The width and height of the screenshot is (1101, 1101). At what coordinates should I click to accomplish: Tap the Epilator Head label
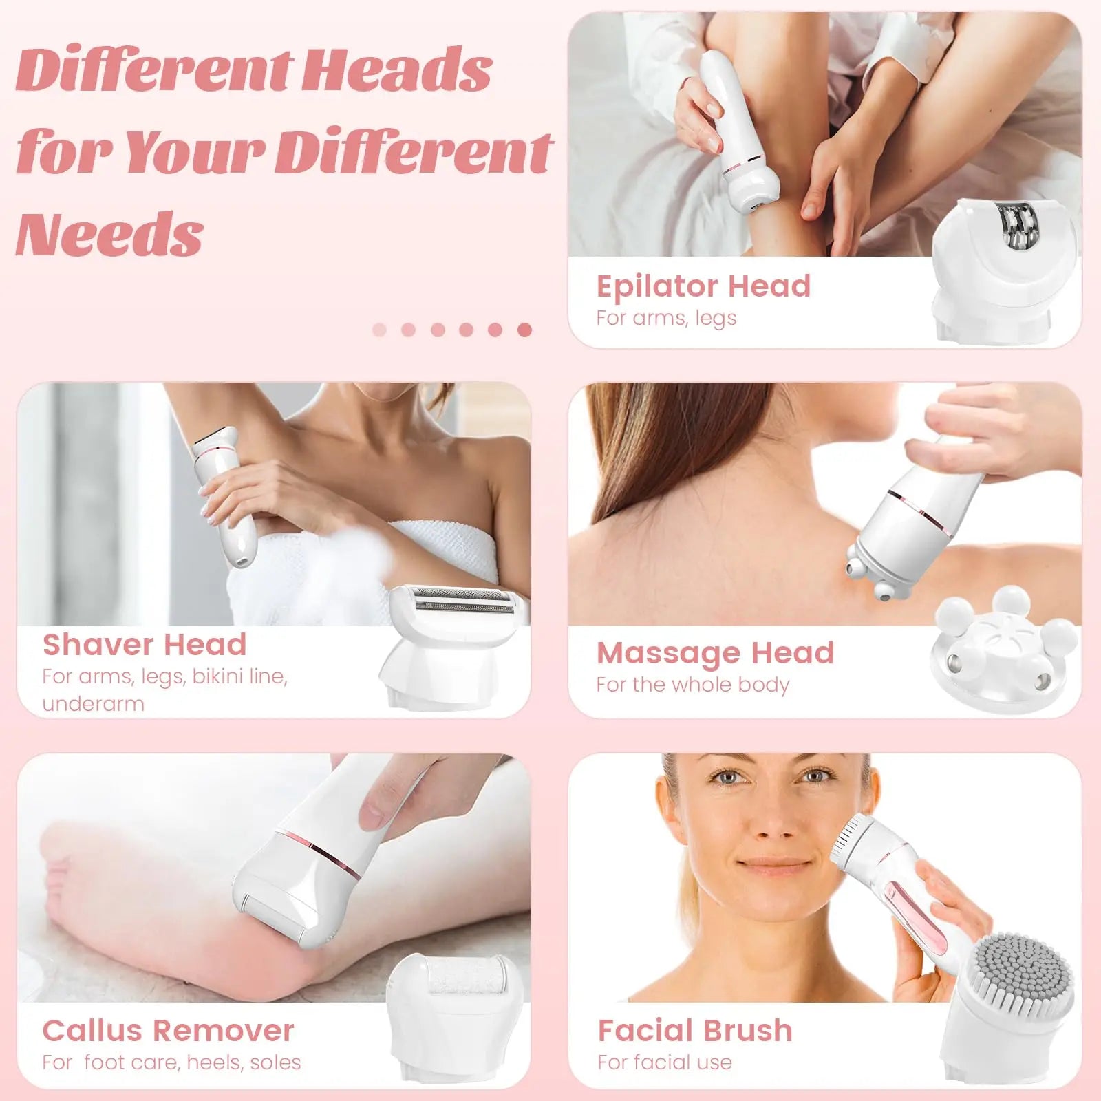click(703, 286)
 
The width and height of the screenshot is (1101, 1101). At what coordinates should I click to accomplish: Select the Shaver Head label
click(145, 645)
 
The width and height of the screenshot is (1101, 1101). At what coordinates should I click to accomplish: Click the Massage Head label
click(715, 653)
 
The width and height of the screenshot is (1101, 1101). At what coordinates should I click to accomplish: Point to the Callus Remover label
click(168, 1031)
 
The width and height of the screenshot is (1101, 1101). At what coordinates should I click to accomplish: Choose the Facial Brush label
click(695, 1031)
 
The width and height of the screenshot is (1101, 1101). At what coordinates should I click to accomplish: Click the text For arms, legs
click(666, 319)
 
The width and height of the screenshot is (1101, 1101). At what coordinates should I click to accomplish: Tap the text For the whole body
click(693, 685)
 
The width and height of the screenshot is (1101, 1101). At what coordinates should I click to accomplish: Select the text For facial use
click(665, 1062)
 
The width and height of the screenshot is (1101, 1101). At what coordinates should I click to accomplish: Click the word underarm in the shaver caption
click(93, 704)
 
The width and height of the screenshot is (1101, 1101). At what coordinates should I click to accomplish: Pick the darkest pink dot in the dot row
click(524, 330)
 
